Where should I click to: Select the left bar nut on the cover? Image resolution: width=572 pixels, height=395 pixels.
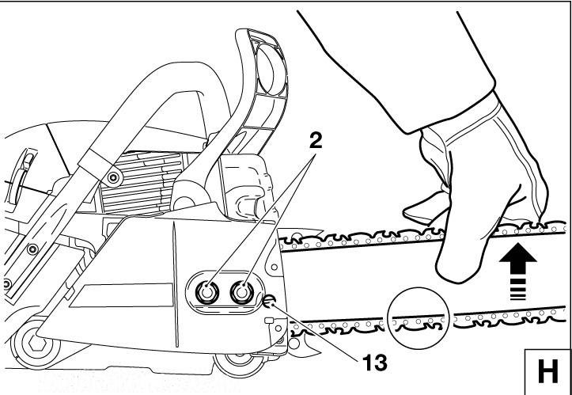point(207,292)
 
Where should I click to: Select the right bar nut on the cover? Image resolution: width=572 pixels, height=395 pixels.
point(240,292)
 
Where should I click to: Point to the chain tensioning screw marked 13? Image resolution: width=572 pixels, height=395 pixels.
point(271,300)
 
